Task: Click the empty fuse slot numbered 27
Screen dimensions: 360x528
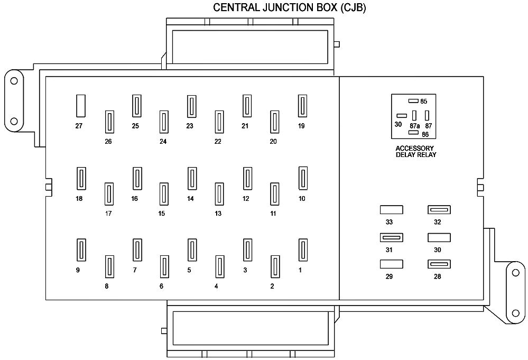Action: click(x=81, y=106)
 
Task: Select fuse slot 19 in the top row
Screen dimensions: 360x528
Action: click(x=302, y=106)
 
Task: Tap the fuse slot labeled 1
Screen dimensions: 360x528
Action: click(x=303, y=250)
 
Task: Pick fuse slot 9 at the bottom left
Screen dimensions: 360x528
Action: click(x=81, y=250)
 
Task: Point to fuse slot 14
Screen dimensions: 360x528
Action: click(x=192, y=178)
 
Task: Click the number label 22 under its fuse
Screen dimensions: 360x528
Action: click(x=218, y=142)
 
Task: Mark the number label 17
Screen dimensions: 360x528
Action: click(x=108, y=214)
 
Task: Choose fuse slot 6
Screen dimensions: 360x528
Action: click(x=164, y=267)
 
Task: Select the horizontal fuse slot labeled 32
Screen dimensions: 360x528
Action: click(x=439, y=210)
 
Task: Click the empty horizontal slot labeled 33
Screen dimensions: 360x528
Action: click(x=391, y=210)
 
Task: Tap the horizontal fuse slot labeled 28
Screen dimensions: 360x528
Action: click(x=439, y=264)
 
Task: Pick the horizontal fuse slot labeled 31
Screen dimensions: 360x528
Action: click(x=391, y=237)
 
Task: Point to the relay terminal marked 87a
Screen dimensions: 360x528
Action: click(x=414, y=115)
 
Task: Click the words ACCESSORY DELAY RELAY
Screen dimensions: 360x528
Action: click(x=415, y=151)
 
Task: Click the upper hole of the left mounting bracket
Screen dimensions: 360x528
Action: click(x=14, y=81)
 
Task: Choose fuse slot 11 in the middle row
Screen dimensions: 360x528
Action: click(x=274, y=194)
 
